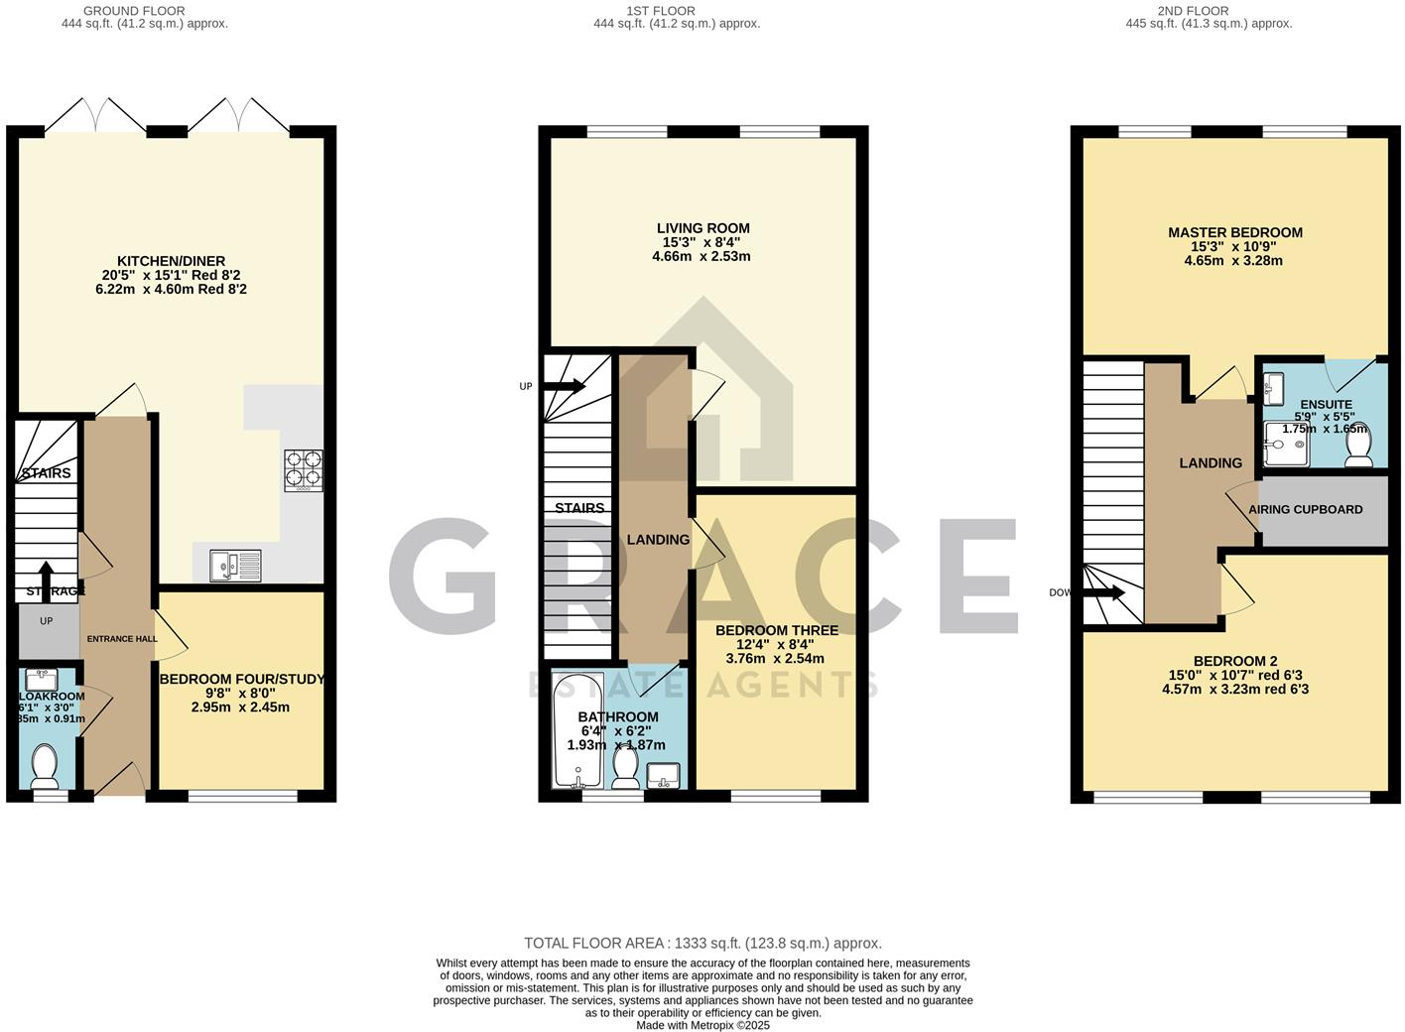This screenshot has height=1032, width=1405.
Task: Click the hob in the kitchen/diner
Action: (304, 470)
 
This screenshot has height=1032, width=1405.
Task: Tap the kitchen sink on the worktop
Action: (235, 565)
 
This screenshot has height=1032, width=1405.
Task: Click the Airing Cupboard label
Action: (1305, 509)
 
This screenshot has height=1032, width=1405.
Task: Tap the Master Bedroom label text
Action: (1234, 232)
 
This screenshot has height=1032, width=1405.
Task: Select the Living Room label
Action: (702, 228)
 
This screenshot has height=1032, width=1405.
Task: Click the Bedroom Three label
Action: (776, 630)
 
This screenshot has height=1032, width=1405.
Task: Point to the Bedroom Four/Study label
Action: (241, 680)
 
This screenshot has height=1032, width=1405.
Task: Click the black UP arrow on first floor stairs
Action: (564, 386)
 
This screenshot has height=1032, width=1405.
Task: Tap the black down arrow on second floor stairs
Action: (1103, 593)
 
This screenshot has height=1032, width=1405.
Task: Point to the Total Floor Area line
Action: (702, 944)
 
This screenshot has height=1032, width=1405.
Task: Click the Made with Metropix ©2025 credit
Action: (702, 1025)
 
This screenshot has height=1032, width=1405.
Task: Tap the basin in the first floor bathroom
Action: (663, 774)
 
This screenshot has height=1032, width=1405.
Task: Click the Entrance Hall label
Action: (121, 639)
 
